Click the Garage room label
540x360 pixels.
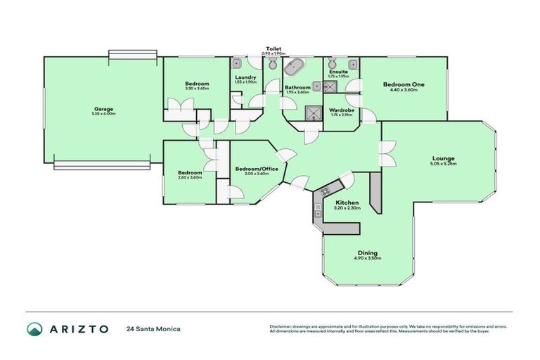pyautogui.click(x=103, y=108)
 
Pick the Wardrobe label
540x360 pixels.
pyautogui.click(x=340, y=110)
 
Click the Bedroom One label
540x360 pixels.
pyautogui.click(x=404, y=84)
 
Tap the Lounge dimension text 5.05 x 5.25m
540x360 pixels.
pyautogui.click(x=443, y=164)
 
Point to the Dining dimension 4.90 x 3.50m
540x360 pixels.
pyautogui.click(x=366, y=258)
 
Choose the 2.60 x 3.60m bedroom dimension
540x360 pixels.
pyautogui.click(x=190, y=177)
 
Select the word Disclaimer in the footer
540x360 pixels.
pyautogui.click(x=282, y=326)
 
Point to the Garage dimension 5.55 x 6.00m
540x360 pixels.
pyautogui.click(x=103, y=114)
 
